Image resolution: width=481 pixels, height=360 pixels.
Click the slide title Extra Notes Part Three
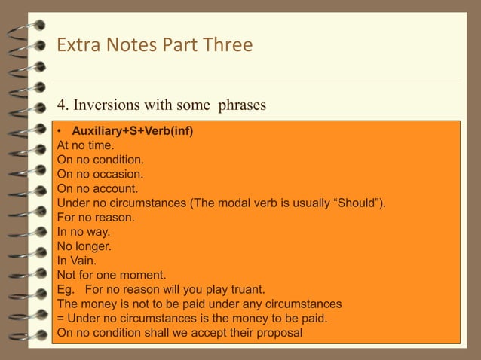click(x=155, y=45)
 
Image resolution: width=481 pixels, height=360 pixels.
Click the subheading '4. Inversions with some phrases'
click(x=161, y=105)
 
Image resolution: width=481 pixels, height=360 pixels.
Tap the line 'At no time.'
click(x=85, y=145)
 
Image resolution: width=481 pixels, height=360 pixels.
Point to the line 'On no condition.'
click(x=100, y=160)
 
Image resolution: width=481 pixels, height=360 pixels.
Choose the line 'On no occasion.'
click(x=100, y=173)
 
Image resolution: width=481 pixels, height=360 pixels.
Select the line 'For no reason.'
click(x=95, y=216)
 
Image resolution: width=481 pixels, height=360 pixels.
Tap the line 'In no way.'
click(x=84, y=231)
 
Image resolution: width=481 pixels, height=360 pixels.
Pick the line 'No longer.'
click(x=84, y=246)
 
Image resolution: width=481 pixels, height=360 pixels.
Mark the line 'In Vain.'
click(x=77, y=260)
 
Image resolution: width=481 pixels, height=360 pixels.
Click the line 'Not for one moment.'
click(x=112, y=274)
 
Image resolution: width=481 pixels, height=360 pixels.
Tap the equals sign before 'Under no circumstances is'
click(x=61, y=318)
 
